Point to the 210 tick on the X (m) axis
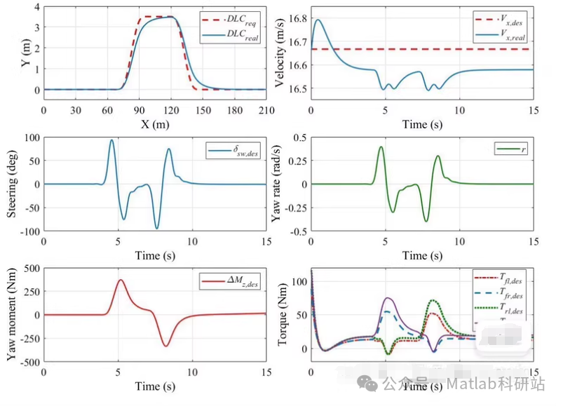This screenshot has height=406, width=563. pyautogui.click(x=266, y=111)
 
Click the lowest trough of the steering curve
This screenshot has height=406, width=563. pyautogui.click(x=157, y=229)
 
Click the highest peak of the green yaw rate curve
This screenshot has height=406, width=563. pyautogui.click(x=381, y=147)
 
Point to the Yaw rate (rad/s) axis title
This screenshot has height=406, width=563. pyautogui.click(x=279, y=184)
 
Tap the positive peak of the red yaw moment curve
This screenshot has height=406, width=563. pyautogui.click(x=121, y=280)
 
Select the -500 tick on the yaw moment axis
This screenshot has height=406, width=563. pyautogui.click(x=27, y=363)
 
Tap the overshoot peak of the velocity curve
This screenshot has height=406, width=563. pyautogui.click(x=318, y=20)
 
